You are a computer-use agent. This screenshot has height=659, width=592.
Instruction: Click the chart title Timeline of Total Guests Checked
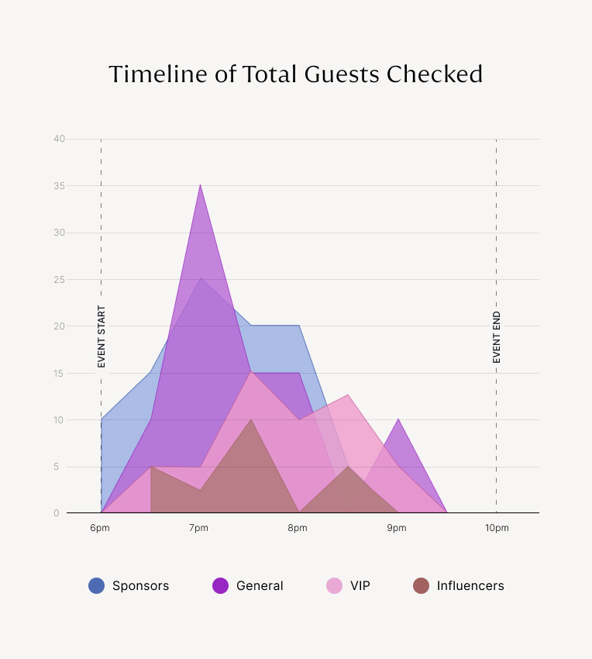(295, 74)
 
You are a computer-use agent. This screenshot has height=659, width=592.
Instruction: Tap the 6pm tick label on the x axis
(99, 528)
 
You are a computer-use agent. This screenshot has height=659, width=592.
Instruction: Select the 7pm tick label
(198, 528)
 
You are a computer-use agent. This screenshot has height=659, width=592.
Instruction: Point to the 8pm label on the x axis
(298, 528)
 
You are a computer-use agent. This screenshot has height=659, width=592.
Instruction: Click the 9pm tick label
(397, 528)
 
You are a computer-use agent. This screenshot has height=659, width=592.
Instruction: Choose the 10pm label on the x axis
(497, 528)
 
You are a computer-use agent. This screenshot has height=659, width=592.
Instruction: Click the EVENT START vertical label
(102, 336)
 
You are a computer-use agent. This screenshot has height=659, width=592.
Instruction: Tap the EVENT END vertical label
(497, 337)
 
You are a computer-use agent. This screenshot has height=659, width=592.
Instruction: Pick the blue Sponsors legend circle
(97, 586)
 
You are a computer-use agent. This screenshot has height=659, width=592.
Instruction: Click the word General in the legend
(260, 586)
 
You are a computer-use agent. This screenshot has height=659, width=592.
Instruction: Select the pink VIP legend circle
(335, 586)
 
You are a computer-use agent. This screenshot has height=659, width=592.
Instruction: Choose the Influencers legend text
(470, 586)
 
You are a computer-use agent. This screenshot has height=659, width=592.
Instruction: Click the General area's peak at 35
(200, 185)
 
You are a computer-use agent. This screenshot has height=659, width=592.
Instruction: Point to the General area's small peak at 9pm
(398, 419)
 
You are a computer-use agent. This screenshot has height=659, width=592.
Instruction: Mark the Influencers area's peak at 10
(250, 420)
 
